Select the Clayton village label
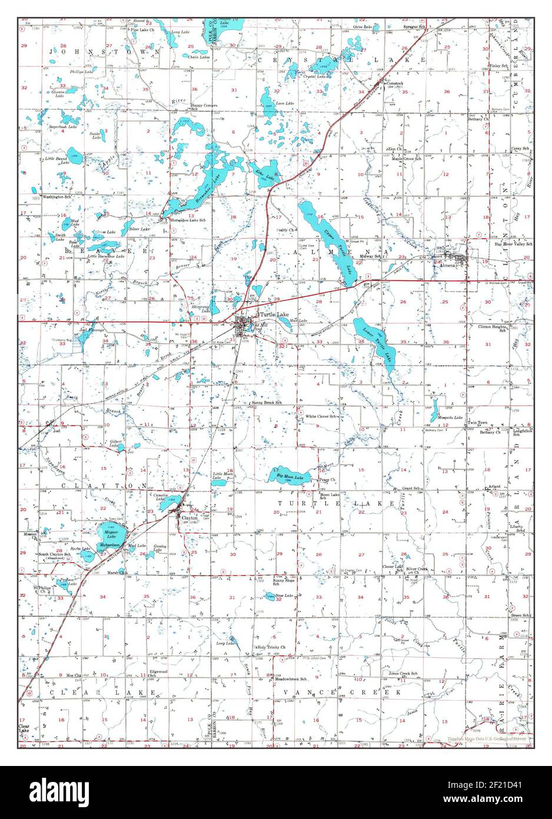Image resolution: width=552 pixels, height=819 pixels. tap(189, 518)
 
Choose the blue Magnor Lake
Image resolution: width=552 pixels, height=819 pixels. tap(111, 537)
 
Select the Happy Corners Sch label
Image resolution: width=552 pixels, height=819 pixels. tap(204, 105)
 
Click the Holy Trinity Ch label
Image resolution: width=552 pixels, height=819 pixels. tap(271, 648)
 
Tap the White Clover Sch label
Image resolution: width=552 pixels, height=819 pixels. tap(321, 416)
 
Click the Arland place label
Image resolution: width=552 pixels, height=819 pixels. tap(494, 487)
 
